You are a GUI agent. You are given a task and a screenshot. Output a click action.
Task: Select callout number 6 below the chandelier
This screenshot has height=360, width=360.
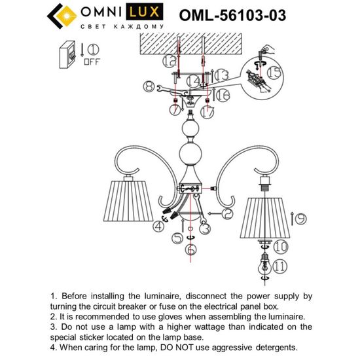click(x=190, y=249)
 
